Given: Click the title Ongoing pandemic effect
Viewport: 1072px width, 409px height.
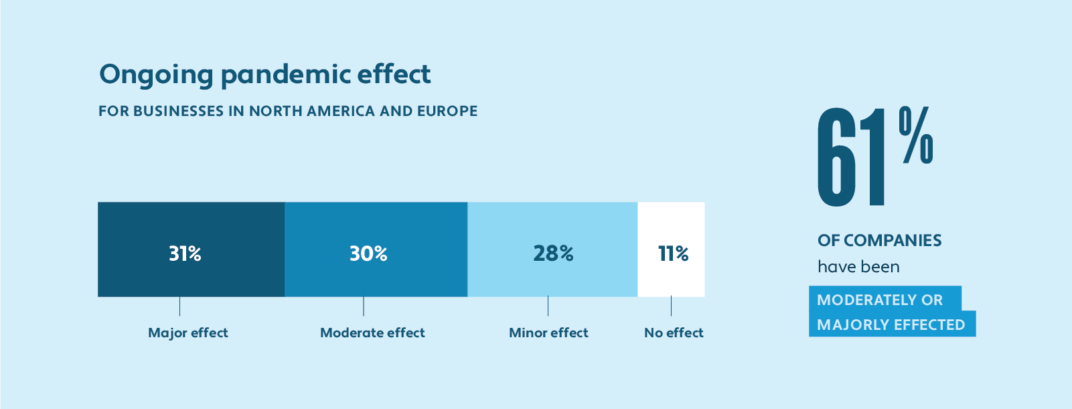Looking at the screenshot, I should [264, 74].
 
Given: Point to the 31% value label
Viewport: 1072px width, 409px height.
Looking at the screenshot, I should [185, 253].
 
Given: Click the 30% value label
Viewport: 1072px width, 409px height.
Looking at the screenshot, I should [368, 253].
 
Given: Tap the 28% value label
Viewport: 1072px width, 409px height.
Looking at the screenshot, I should [553, 253].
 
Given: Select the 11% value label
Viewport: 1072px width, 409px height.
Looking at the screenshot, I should [673, 253].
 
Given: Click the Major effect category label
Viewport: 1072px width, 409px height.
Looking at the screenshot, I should [188, 333].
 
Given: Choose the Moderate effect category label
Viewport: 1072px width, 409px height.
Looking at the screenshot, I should [372, 333].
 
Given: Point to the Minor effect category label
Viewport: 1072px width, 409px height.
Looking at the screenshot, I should [548, 333].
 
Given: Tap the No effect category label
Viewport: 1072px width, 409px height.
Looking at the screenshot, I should [674, 333].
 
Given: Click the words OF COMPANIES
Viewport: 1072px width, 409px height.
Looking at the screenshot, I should [879, 240].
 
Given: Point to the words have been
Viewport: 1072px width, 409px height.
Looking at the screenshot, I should [858, 267].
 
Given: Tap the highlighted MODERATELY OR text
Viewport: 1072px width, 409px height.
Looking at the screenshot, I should [879, 300].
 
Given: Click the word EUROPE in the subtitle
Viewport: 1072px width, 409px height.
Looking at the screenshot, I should [447, 111].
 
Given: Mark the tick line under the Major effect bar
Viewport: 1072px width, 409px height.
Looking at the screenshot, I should [179, 306].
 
